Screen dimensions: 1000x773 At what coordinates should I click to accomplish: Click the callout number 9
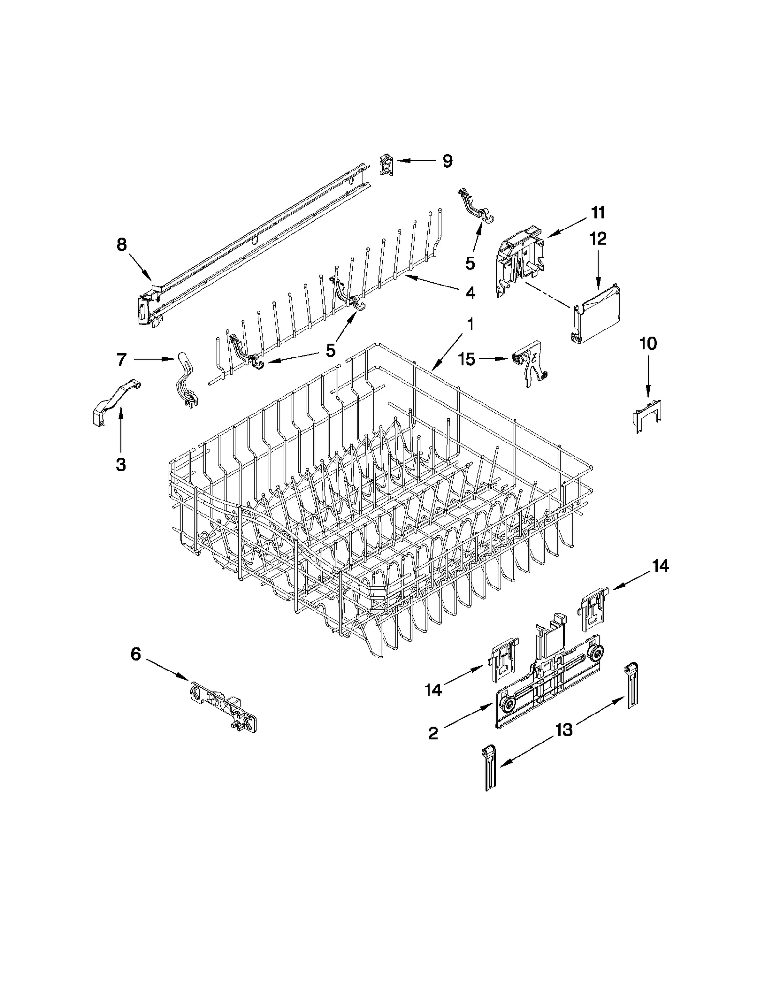tap(447, 161)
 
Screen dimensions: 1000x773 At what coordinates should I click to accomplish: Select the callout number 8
tap(122, 244)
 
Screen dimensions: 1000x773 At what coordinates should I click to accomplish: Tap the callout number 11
tap(598, 212)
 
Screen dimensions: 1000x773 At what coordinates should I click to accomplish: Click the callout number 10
tap(648, 343)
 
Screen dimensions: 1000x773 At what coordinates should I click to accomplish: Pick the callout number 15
tap(467, 359)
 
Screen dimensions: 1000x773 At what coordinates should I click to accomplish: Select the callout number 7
tap(121, 359)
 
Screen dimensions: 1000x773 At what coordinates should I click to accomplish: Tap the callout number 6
tap(136, 655)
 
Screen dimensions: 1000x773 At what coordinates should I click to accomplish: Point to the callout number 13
tap(563, 729)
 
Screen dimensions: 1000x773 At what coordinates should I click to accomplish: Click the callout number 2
tap(433, 733)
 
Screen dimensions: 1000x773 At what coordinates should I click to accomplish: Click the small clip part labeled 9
tap(386, 164)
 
